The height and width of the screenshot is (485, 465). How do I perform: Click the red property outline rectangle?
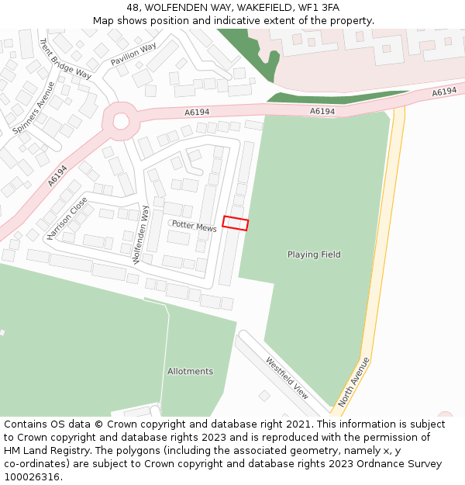click(x=236, y=223)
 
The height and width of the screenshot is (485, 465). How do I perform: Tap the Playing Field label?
click(x=314, y=255)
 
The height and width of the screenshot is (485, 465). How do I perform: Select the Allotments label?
click(x=190, y=372)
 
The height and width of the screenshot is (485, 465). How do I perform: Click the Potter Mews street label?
click(x=195, y=225)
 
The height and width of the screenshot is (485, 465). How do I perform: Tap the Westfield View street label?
click(x=287, y=378)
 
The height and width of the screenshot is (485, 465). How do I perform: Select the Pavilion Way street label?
click(x=133, y=54)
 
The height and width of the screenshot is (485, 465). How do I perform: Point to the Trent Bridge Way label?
click(x=65, y=59)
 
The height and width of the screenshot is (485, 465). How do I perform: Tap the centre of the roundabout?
click(x=121, y=120)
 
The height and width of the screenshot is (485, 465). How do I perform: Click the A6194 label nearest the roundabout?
click(x=197, y=113)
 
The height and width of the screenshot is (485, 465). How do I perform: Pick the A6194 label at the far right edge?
click(x=444, y=92)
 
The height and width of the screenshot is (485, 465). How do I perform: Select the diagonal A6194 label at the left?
click(x=57, y=175)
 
